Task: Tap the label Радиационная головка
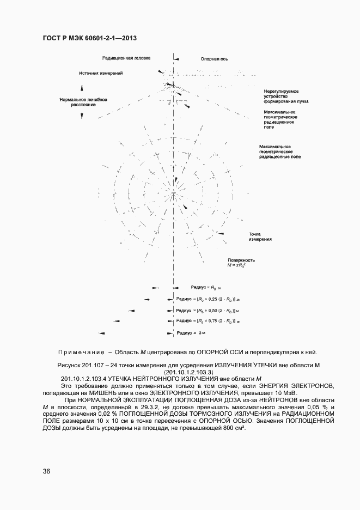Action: click(126, 58)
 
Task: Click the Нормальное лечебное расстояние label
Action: click(83, 102)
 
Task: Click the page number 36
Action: click(46, 472)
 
